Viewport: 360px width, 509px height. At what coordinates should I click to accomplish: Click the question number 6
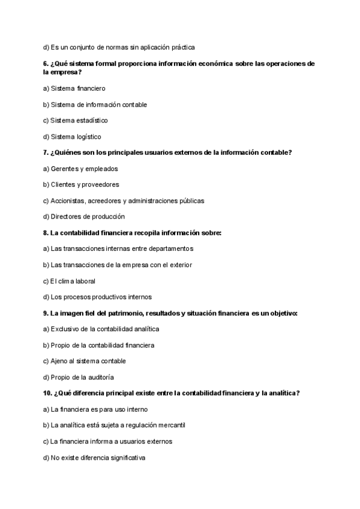tap(46, 64)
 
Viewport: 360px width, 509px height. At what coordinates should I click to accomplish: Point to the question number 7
tap(46, 152)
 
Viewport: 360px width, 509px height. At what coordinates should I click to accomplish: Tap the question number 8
tap(46, 232)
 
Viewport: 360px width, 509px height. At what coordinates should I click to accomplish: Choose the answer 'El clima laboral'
tap(69, 281)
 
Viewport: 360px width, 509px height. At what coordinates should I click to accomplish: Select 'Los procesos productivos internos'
tap(97, 297)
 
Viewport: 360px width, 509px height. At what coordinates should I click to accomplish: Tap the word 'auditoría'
tap(99, 378)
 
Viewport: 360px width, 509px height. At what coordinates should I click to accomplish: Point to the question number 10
tap(47, 393)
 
